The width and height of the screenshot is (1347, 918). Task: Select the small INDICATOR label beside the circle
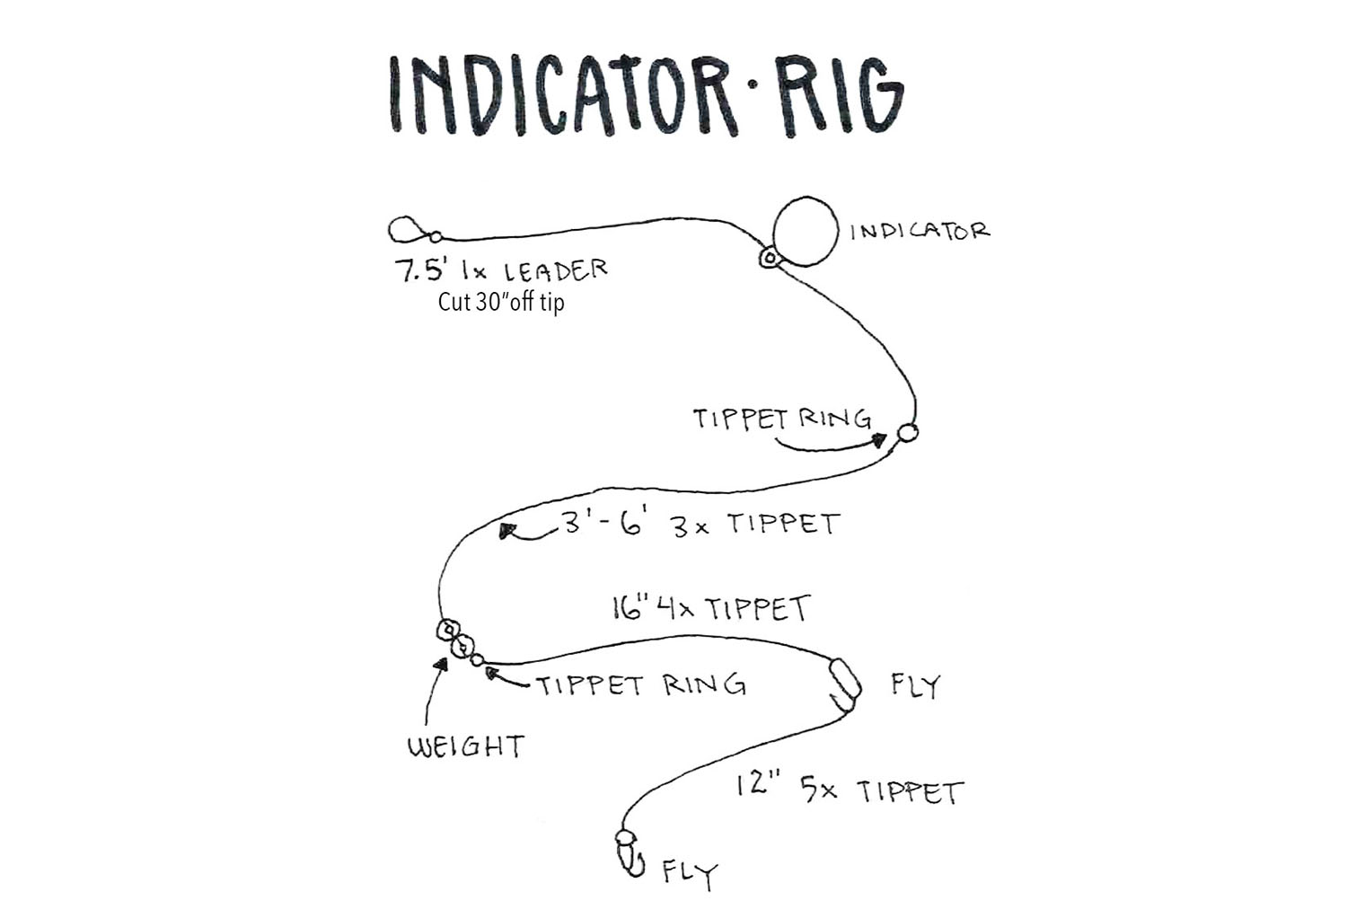tap(920, 231)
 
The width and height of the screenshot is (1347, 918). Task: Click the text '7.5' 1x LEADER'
tap(501, 269)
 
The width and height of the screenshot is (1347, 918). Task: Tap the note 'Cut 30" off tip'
tap(501, 302)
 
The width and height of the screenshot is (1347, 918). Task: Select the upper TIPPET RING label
tap(781, 419)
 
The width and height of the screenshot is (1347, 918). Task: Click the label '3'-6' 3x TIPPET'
tap(700, 525)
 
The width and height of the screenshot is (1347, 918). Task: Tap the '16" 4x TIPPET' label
tap(710, 609)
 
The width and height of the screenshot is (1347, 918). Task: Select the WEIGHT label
tap(465, 746)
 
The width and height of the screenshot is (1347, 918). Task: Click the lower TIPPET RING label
tap(641, 685)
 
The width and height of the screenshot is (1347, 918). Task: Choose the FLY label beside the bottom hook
tap(690, 873)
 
